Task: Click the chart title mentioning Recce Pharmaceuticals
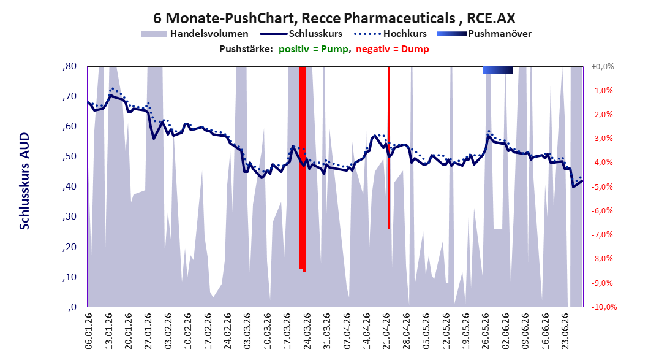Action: [334, 18]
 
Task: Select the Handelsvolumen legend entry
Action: [195, 33]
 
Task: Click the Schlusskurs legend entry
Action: [301, 33]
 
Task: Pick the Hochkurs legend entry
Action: [391, 33]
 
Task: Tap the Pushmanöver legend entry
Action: [484, 33]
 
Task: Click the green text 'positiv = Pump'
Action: [313, 49]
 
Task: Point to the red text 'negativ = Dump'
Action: [392, 49]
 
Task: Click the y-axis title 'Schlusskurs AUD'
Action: [24, 181]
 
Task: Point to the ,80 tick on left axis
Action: [69, 66]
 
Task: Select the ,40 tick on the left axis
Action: [69, 186]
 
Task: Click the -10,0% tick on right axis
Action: [604, 307]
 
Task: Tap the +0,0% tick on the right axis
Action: [603, 66]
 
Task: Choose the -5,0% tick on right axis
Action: [603, 186]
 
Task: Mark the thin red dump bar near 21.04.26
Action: [389, 148]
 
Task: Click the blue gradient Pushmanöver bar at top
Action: [498, 70]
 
